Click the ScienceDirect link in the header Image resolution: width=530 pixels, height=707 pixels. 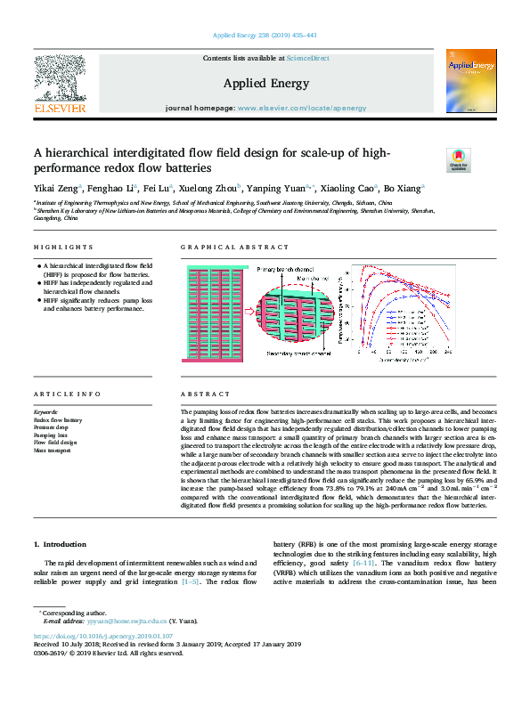tap(307, 58)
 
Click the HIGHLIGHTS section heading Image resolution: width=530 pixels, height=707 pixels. tap(63, 247)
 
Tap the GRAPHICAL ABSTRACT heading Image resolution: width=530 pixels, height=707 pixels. tap(234, 247)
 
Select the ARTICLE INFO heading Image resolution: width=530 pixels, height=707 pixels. tap(67, 394)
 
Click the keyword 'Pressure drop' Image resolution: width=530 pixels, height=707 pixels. tap(53, 427)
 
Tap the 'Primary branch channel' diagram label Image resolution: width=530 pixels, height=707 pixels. tap(287, 269)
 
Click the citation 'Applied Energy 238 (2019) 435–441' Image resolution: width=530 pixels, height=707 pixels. tap(265, 36)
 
